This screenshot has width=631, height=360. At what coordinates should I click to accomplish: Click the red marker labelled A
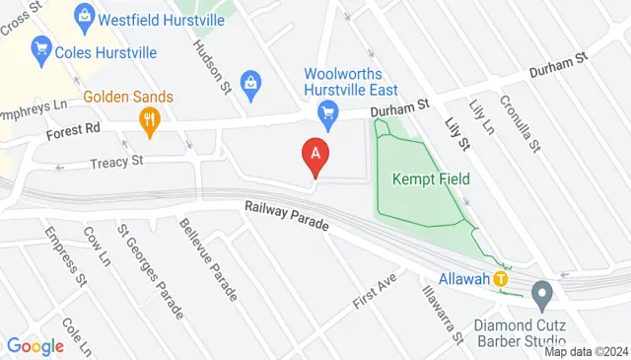pyautogui.click(x=315, y=155)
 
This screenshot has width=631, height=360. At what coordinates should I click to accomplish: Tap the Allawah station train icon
pyautogui.click(x=501, y=279)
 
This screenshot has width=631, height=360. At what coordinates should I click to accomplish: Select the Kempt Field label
pyautogui.click(x=431, y=179)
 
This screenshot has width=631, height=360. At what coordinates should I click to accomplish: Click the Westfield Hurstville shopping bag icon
pyautogui.click(x=84, y=16)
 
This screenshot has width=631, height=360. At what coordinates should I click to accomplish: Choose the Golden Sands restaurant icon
pyautogui.click(x=150, y=119)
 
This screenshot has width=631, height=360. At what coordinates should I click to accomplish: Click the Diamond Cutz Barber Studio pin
pyautogui.click(x=540, y=293)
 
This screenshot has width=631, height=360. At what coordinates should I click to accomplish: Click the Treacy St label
pyautogui.click(x=117, y=160)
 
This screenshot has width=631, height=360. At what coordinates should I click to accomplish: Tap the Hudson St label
pyautogui.click(x=212, y=67)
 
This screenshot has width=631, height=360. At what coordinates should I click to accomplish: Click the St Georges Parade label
pyautogui.click(x=150, y=271)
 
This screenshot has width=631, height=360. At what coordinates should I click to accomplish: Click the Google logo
pyautogui.click(x=35, y=346)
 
